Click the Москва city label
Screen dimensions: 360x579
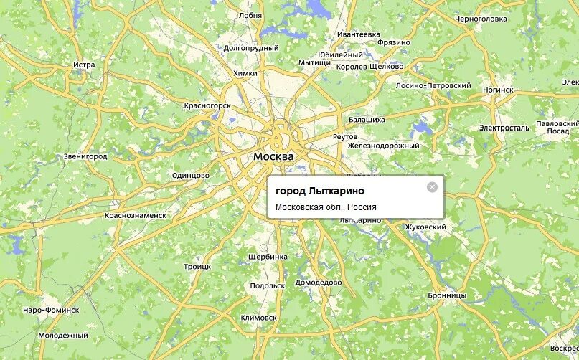coord(273,156)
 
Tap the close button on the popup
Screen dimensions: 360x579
coord(432,187)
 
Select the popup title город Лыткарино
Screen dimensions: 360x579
coord(319,191)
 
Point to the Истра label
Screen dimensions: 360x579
coord(84,65)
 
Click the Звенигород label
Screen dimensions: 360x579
coord(85,156)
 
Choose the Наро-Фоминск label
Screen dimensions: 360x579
coord(50,310)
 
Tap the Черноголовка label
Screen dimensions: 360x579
coord(481,19)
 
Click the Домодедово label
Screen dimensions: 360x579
coord(319,282)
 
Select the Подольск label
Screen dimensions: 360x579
coord(268,285)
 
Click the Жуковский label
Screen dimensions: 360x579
coord(426,227)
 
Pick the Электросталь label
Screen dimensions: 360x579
coord(504,128)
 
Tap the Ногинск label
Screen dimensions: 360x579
coord(498,90)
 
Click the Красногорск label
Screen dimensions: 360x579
coord(207,105)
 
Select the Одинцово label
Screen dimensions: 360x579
coord(191,175)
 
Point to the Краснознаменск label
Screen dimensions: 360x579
coord(135,214)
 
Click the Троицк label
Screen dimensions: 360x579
coord(197,266)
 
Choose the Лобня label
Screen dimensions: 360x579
coord(250,14)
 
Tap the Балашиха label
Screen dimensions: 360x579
coord(367,119)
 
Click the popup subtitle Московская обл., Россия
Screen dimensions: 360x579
coord(326,207)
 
